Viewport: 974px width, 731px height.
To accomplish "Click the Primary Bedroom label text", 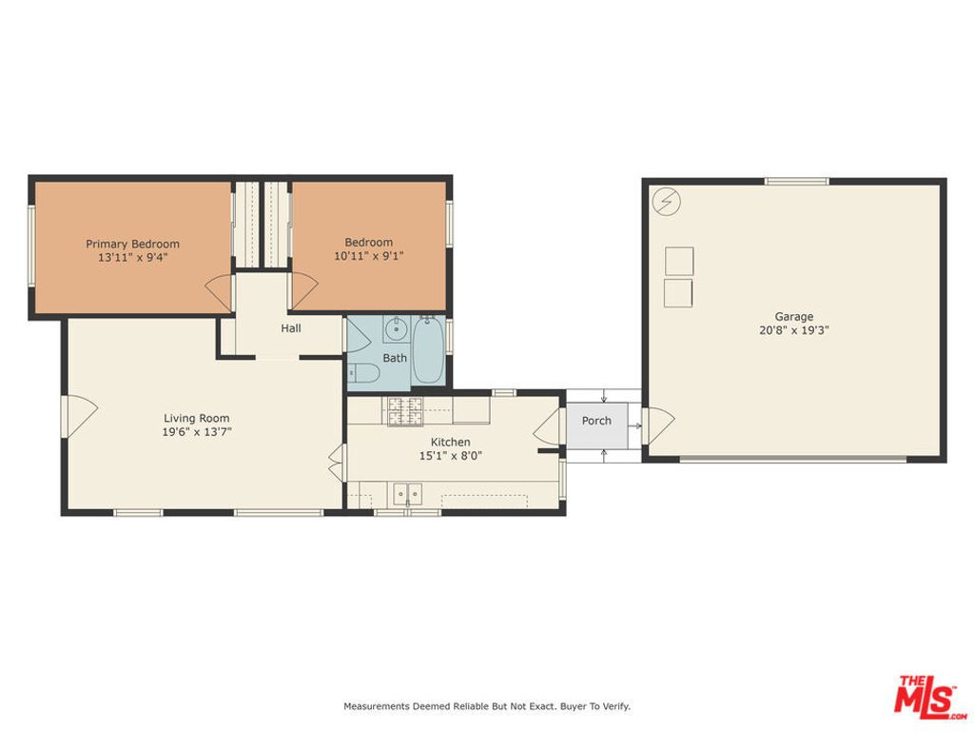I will [132, 244].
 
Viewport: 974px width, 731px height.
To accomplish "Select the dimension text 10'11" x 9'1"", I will [368, 256].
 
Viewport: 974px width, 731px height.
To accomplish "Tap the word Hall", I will [291, 328].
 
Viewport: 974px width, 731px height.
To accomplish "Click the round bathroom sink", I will [396, 330].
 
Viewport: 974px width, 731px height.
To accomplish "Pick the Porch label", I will [596, 421].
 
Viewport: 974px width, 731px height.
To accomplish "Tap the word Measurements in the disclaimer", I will [376, 706].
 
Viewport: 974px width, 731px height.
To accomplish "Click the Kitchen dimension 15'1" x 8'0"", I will [450, 456].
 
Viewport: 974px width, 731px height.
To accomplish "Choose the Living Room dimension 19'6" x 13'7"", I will [196, 431].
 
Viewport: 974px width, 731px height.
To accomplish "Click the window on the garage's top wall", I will [797, 181].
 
